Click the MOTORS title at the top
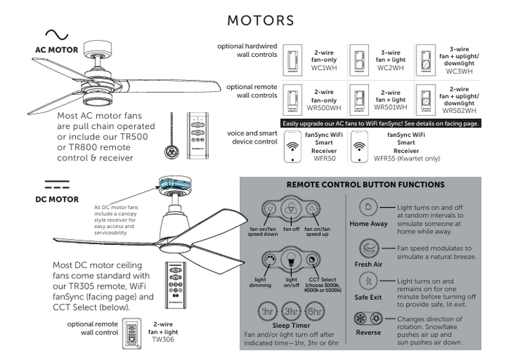point(261,20)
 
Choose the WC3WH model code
point(459,71)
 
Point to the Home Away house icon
point(367,208)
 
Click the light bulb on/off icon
point(292,260)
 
